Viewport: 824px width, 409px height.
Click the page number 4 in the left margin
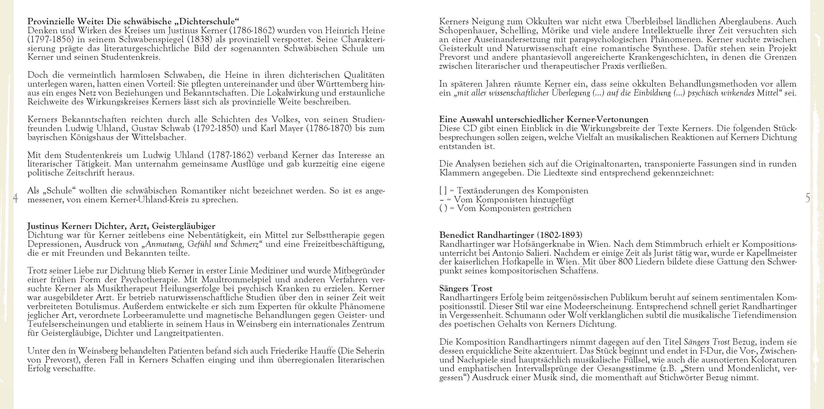(15, 199)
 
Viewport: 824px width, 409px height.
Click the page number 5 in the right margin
(808, 198)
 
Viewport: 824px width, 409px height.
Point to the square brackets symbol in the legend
(443, 191)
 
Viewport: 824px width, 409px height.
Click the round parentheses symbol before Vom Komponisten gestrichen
(443, 208)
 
